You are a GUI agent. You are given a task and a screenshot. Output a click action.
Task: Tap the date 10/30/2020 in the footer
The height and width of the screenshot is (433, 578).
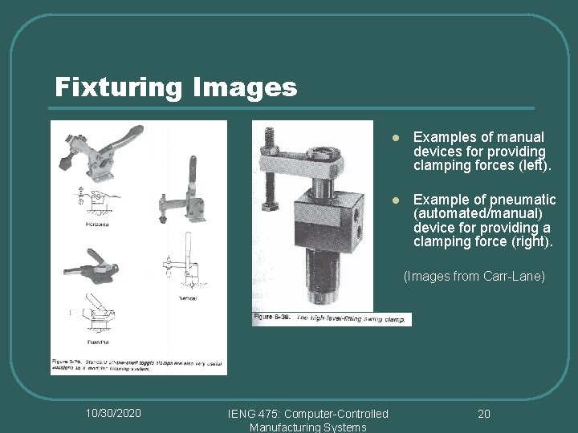click(x=113, y=413)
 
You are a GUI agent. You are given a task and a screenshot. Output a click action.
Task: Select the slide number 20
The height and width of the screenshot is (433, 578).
click(x=483, y=413)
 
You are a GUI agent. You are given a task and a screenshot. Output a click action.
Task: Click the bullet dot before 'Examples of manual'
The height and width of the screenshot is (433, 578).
click(x=395, y=138)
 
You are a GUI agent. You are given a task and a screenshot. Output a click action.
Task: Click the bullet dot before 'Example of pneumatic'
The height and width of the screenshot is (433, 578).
click(x=395, y=200)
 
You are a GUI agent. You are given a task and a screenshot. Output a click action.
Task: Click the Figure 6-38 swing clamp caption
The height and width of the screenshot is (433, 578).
click(x=331, y=318)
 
